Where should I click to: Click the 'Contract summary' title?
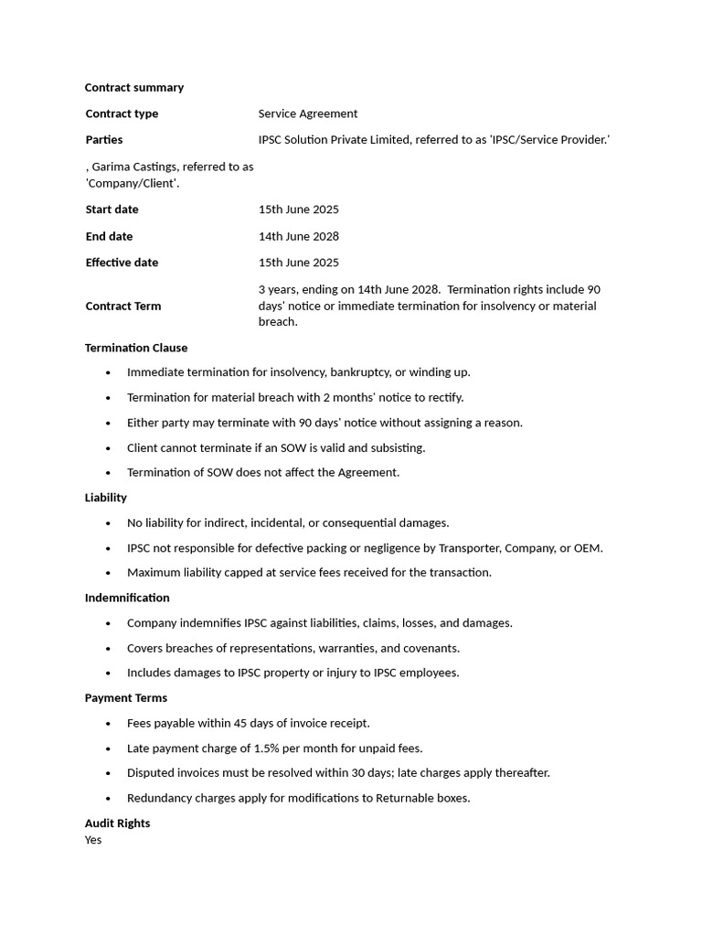pos(134,88)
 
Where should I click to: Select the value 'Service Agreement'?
pos(308,113)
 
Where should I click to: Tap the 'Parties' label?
pos(104,140)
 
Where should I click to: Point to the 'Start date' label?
pos(112,210)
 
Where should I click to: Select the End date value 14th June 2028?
pos(299,236)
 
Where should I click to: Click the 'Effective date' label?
pos(122,263)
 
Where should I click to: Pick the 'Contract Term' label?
pos(123,306)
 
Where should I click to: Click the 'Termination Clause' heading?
pos(136,348)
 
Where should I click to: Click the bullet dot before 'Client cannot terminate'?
pos(108,448)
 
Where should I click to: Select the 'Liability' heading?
pos(106,498)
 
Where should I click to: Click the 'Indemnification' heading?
pos(127,598)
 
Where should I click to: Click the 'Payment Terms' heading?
pos(126,698)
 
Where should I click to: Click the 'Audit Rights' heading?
pos(118,824)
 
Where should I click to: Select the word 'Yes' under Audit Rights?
pos(93,840)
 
